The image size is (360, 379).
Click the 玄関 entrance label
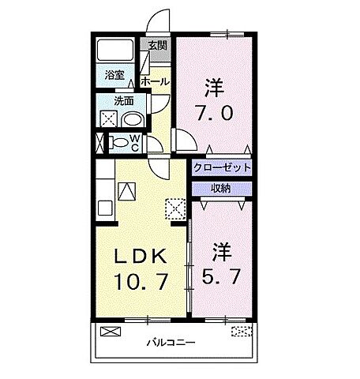click(156, 45)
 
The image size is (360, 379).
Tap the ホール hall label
click(153, 81)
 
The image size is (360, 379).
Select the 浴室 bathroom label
click(114, 76)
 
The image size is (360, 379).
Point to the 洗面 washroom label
click(123, 101)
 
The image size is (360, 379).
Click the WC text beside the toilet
click(135, 144)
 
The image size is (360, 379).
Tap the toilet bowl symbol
click(119, 144)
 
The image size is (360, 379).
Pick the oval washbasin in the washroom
click(133, 120)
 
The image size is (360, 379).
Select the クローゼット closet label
click(222, 167)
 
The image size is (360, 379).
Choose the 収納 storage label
click(220, 188)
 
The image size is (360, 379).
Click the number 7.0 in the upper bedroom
click(213, 113)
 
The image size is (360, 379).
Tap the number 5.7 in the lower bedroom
click(223, 276)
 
